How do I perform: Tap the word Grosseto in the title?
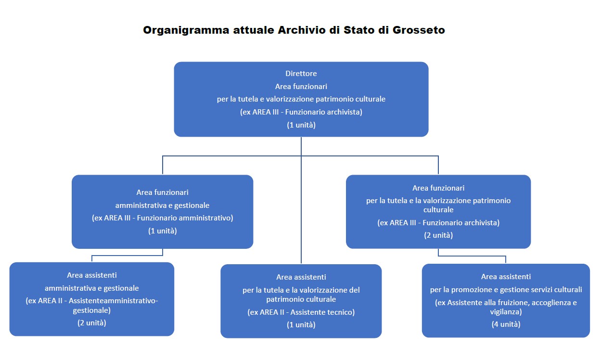click(x=419, y=30)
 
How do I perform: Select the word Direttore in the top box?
click(x=301, y=74)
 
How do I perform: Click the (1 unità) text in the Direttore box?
click(x=301, y=125)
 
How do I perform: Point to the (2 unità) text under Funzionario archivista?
click(x=438, y=235)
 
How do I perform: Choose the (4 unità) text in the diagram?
click(x=506, y=324)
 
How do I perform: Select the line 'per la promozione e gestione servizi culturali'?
click(x=506, y=290)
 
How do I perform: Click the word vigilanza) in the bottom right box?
click(x=506, y=311)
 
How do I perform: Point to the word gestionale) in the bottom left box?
click(x=92, y=310)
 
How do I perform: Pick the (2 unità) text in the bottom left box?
click(x=92, y=322)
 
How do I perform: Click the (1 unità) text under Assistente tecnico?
click(x=301, y=324)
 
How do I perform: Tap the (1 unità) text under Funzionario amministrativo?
click(x=163, y=231)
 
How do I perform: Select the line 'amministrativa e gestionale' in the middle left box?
click(x=163, y=205)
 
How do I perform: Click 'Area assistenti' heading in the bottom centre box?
click(x=301, y=277)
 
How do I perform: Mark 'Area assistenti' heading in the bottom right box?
click(x=506, y=277)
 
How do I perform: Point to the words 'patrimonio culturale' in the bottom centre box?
click(x=301, y=299)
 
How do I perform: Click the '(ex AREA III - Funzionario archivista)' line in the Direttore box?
click(x=301, y=112)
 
